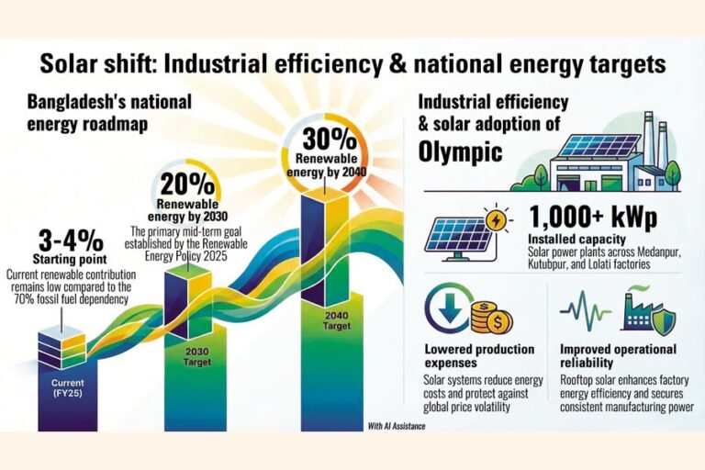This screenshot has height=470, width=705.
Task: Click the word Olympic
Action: [461, 151]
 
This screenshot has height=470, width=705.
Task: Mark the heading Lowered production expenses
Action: [479, 356]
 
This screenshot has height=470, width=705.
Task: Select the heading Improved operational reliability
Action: [619, 356]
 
